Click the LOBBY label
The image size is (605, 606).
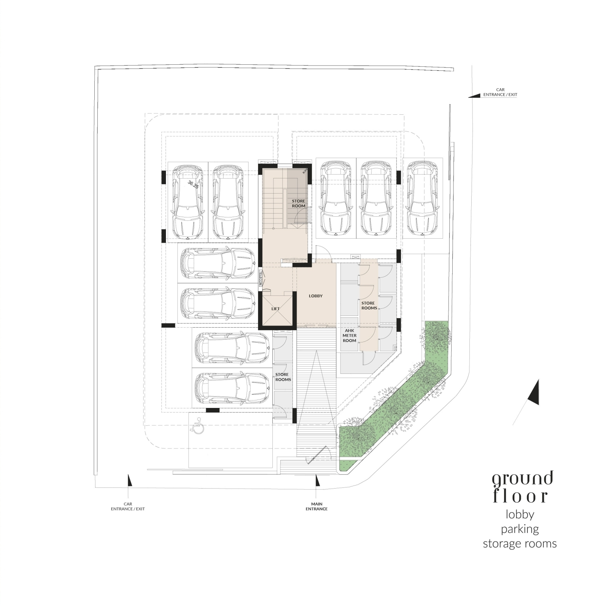(315, 296)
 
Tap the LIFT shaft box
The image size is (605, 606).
(275, 309)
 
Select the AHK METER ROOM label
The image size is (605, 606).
(349, 336)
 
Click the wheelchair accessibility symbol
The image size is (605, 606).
(197, 425)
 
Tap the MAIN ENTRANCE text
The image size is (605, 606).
(317, 506)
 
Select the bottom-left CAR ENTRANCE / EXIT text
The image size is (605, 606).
(128, 506)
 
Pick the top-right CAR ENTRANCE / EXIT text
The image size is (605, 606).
(500, 92)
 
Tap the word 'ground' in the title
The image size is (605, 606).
(522, 479)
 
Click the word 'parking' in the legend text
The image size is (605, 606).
(520, 529)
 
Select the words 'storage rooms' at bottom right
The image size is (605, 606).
(520, 544)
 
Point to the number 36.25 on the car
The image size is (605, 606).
(193, 184)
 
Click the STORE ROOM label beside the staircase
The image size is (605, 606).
(299, 203)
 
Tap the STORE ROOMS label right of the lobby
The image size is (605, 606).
(369, 305)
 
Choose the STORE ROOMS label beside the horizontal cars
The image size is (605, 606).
(283, 377)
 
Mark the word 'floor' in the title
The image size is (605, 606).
(520, 496)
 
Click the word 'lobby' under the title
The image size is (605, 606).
(520, 515)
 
